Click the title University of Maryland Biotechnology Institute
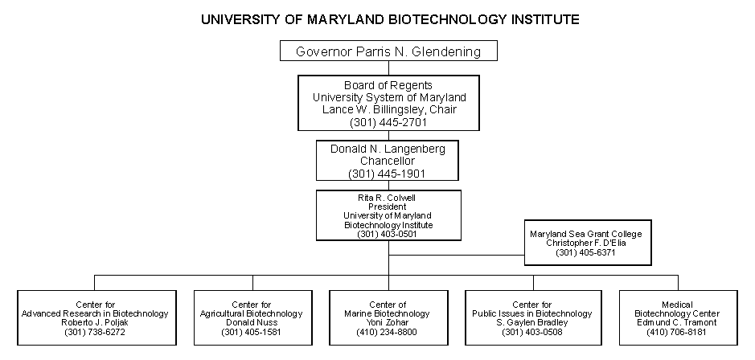pyautogui.click(x=390, y=20)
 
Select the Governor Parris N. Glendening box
pyautogui.click(x=388, y=51)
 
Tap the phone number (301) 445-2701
pyautogui.click(x=388, y=122)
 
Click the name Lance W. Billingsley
pyautogui.click(x=373, y=110)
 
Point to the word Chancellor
pyautogui.click(x=388, y=161)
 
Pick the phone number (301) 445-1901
pyautogui.click(x=387, y=174)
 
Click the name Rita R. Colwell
pyautogui.click(x=387, y=198)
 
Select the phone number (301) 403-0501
pyautogui.click(x=387, y=235)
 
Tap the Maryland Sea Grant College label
pyautogui.click(x=586, y=235)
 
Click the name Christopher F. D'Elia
pyautogui.click(x=586, y=243)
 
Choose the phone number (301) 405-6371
pyautogui.click(x=585, y=252)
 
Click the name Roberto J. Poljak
pyautogui.click(x=95, y=323)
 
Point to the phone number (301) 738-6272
pyautogui.click(x=95, y=332)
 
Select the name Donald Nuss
pyautogui.click(x=252, y=323)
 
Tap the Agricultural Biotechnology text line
pyautogui.click(x=252, y=314)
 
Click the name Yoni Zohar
pyautogui.click(x=387, y=323)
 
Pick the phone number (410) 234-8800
pyautogui.click(x=387, y=332)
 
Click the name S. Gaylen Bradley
pyautogui.click(x=532, y=323)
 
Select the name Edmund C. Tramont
pyautogui.click(x=677, y=323)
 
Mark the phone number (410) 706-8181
pyautogui.click(x=677, y=332)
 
